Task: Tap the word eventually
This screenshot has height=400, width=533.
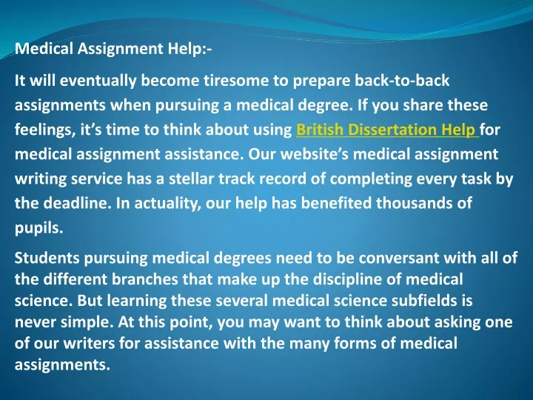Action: (98, 81)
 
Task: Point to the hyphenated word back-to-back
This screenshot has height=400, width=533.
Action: (402, 81)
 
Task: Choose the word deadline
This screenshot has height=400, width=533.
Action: (78, 203)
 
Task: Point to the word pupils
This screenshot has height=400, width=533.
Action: (39, 228)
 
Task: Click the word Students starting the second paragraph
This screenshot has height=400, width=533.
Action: (47, 258)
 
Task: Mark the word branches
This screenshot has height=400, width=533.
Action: (145, 279)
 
